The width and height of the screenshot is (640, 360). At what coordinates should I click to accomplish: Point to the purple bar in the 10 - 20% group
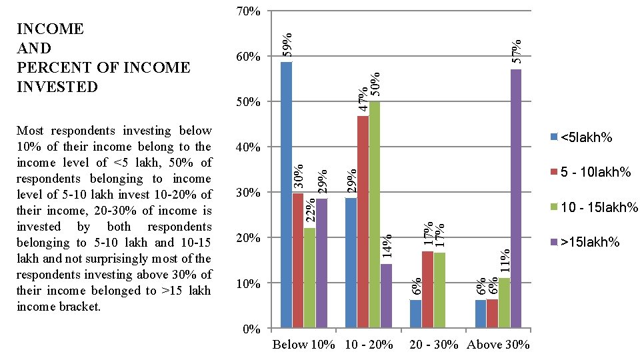click(386, 296)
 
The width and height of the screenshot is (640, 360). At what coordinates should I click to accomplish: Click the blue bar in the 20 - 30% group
click(415, 314)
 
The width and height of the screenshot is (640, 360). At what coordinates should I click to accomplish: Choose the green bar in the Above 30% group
click(504, 303)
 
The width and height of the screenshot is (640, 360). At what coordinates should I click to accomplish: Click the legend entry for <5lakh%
click(581, 137)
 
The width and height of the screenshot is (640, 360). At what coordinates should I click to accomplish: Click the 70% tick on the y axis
click(249, 11)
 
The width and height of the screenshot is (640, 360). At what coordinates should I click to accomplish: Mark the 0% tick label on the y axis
click(251, 329)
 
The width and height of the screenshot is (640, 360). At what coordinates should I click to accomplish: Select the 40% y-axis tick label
click(249, 147)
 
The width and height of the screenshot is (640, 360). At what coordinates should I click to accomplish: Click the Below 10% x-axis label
click(299, 345)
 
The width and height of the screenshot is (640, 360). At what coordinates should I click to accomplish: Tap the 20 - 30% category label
click(434, 345)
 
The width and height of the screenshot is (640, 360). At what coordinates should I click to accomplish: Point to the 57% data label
click(516, 51)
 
